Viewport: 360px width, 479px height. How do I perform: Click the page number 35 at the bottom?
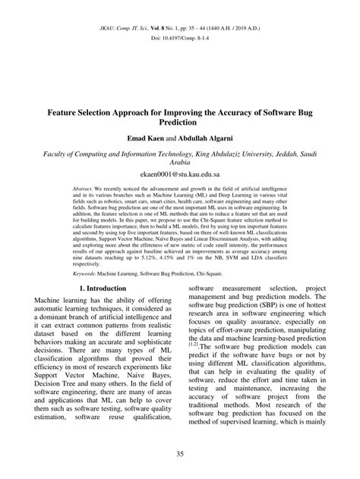[179, 454]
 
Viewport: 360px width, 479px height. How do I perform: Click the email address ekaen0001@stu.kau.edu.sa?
[179, 172]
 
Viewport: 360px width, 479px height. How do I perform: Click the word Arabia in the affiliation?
[179, 161]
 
